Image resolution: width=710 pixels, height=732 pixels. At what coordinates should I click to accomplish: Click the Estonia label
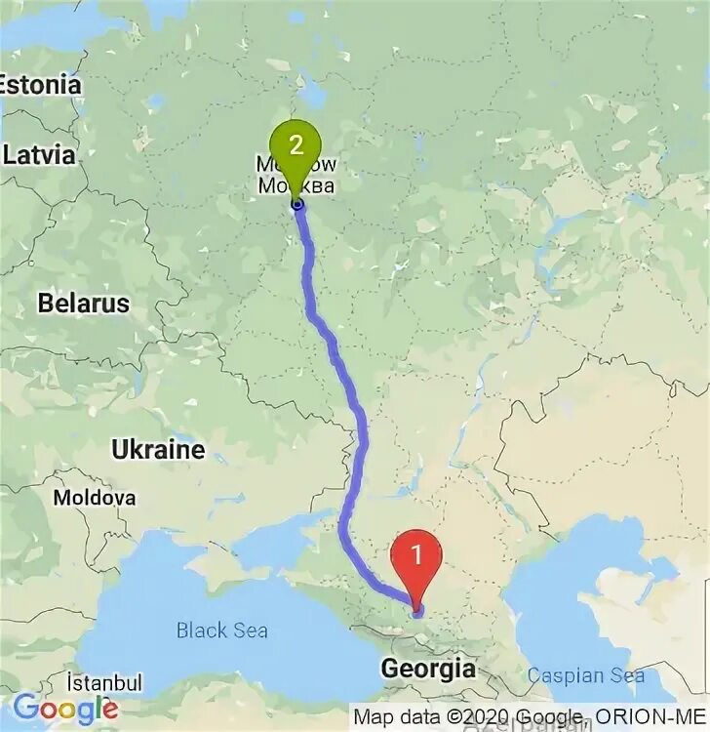point(40,85)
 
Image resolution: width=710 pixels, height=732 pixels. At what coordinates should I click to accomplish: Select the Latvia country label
point(39,154)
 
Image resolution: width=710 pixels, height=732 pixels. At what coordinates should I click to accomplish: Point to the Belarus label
point(83,303)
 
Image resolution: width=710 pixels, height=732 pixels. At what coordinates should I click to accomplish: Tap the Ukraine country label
point(158,450)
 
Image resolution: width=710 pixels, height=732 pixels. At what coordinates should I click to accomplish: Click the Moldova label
point(95,498)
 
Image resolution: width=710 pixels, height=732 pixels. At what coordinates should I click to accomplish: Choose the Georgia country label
point(428,670)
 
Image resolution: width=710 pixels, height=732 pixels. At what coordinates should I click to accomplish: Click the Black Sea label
point(221,630)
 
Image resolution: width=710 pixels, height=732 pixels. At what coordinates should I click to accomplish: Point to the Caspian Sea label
point(586,674)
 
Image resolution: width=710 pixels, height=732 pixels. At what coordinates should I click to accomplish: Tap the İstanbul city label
point(105,682)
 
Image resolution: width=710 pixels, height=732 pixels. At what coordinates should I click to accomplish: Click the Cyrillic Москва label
point(296,186)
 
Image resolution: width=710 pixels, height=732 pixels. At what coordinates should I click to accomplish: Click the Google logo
point(65,708)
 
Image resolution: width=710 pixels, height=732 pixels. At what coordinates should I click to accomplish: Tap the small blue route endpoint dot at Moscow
point(297,204)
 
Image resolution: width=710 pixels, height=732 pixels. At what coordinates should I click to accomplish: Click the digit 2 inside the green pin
point(296,143)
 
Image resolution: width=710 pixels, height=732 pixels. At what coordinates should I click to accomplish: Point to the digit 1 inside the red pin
point(416,555)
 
